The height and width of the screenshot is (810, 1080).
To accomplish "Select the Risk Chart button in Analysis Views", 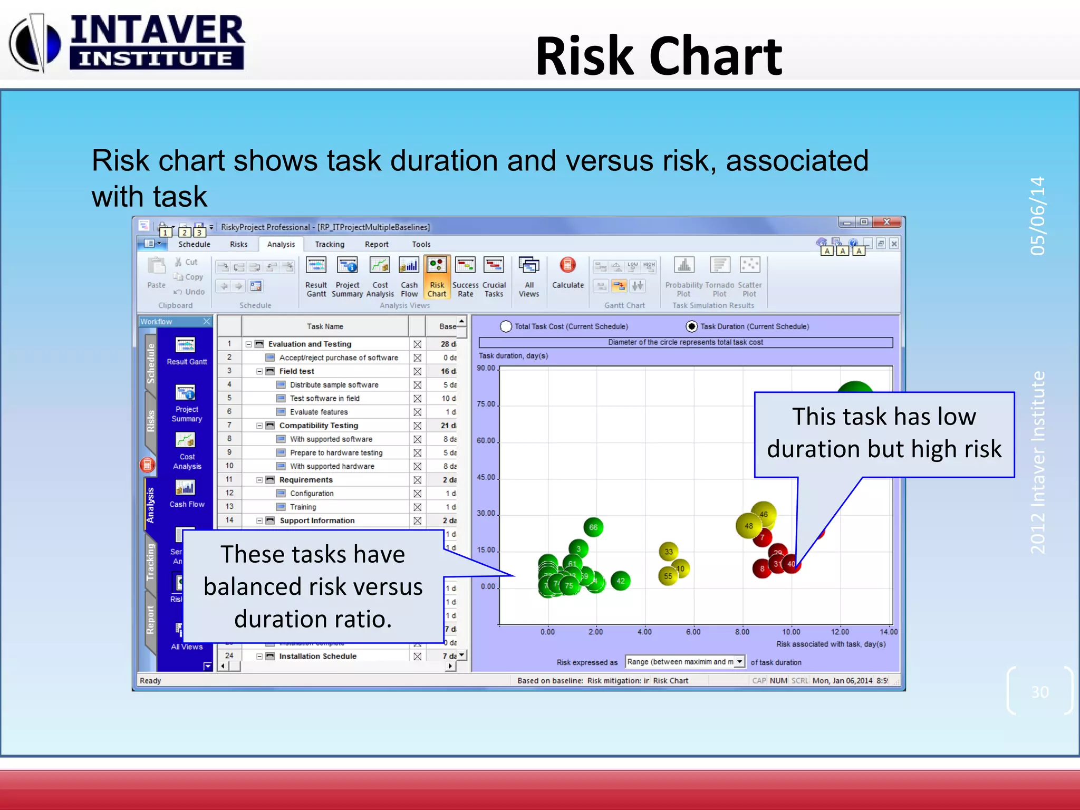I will point(437,277).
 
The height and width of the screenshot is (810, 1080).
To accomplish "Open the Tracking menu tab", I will point(330,244).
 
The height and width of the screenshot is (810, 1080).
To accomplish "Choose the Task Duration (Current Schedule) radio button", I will point(691,326).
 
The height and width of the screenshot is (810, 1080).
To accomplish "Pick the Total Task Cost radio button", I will point(506,326).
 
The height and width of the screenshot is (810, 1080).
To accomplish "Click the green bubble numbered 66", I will point(593,527).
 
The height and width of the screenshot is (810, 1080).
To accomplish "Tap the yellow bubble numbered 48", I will point(748,526).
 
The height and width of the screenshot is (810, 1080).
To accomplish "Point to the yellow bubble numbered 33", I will point(669,552).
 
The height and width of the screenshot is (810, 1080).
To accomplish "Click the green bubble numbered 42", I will point(621,581).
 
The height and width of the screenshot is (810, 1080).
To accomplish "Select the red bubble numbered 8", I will point(761,568).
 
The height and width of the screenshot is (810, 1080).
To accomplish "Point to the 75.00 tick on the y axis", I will point(486,404).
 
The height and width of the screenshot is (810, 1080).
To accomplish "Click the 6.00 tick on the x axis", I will point(693,632).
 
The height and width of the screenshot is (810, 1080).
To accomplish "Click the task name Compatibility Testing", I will point(319,426).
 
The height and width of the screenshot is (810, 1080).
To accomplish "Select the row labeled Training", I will point(303,507).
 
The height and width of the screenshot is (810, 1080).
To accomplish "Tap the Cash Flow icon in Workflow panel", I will point(186,493).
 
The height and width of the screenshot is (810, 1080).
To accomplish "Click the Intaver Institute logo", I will point(127,42).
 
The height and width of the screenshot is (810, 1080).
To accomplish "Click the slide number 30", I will point(1040,692).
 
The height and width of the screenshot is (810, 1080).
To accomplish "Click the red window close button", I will point(887,223).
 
